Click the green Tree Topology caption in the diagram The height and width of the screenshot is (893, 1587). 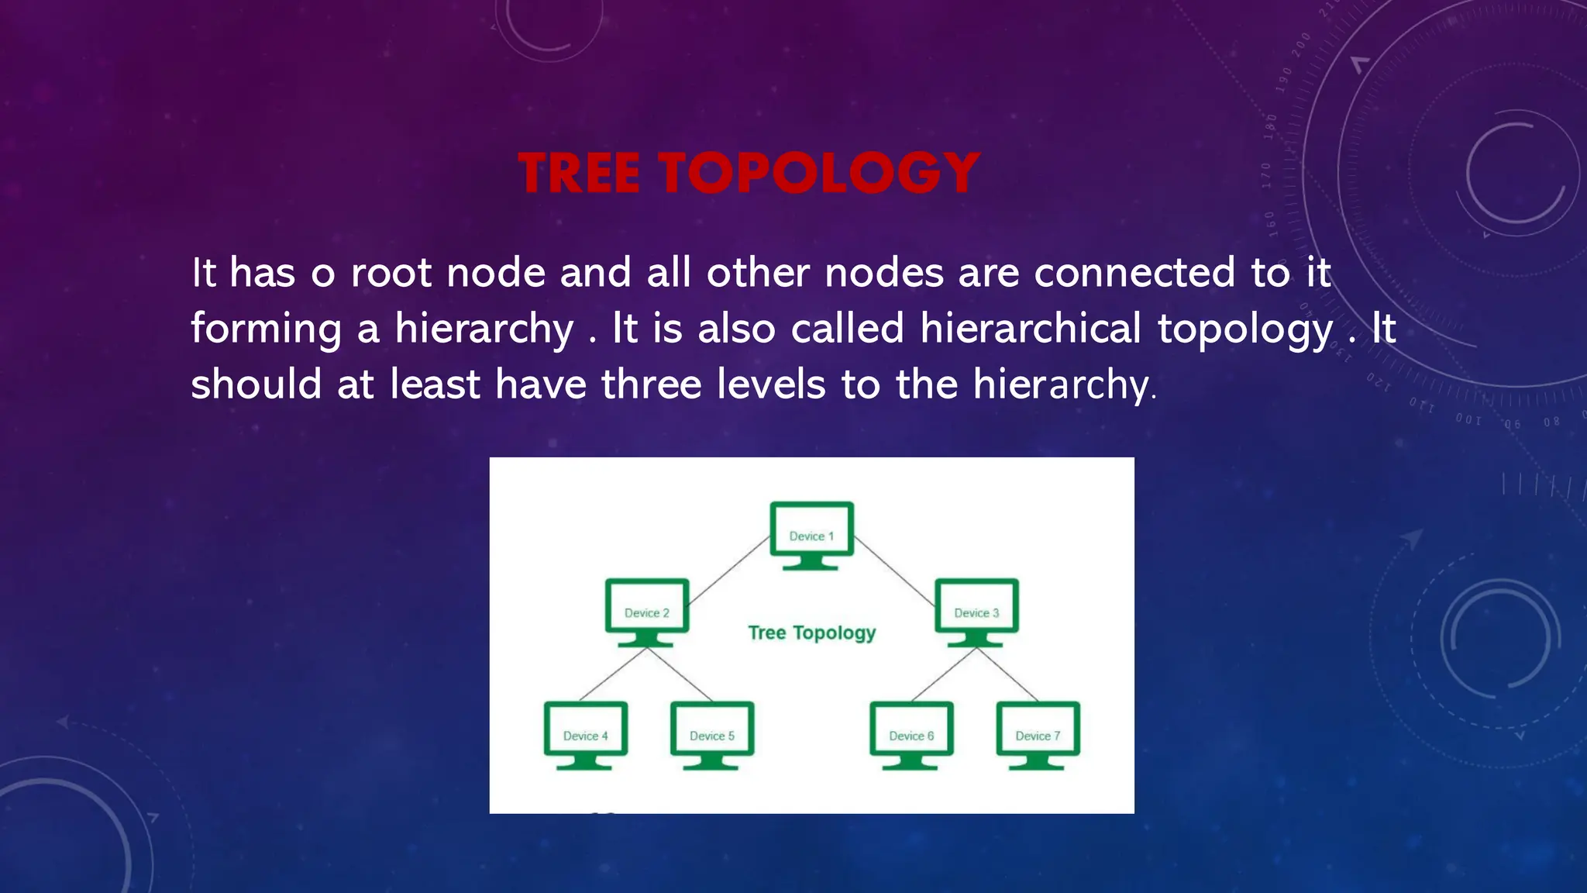click(811, 633)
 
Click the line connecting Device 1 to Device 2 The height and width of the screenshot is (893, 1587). click(728, 570)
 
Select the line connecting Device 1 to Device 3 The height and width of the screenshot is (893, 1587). click(893, 570)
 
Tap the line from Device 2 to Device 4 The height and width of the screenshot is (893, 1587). click(612, 674)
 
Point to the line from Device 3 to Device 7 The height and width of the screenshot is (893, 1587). click(1007, 674)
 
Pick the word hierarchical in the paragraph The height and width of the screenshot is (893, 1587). click(1031, 329)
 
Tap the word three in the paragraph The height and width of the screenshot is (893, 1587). click(651, 384)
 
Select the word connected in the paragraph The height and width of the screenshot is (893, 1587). click(1134, 273)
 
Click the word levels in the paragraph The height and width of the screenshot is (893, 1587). click(771, 384)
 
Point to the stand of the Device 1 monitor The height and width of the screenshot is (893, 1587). click(811, 563)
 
